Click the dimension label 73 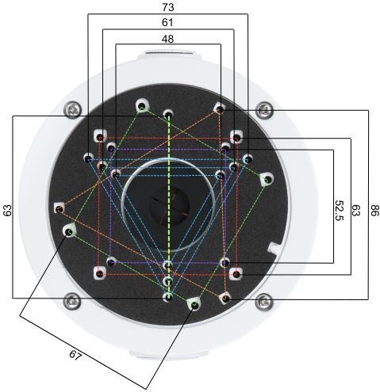[168, 7]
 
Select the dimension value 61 [167, 22]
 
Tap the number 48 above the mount [167, 39]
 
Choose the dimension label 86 [373, 210]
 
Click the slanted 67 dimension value [75, 355]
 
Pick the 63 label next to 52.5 [356, 210]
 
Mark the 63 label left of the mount [7, 210]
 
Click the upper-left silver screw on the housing [74, 109]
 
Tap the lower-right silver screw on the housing [264, 301]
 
